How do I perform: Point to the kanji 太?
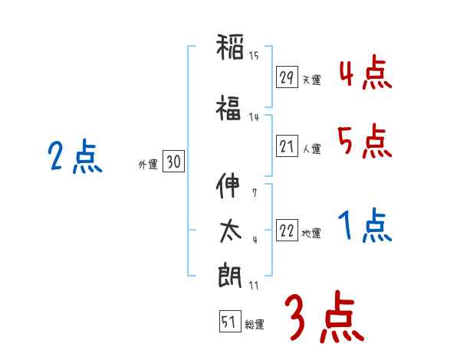point(229,231)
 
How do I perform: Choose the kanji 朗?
point(229,277)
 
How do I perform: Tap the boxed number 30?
point(173,162)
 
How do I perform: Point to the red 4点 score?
point(365,73)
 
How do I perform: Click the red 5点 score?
point(365,142)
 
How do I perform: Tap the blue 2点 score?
point(75,158)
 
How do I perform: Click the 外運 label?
point(148,164)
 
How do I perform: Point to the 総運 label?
point(255,325)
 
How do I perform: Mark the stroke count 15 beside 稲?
point(254,55)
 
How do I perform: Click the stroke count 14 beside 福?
point(254,116)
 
